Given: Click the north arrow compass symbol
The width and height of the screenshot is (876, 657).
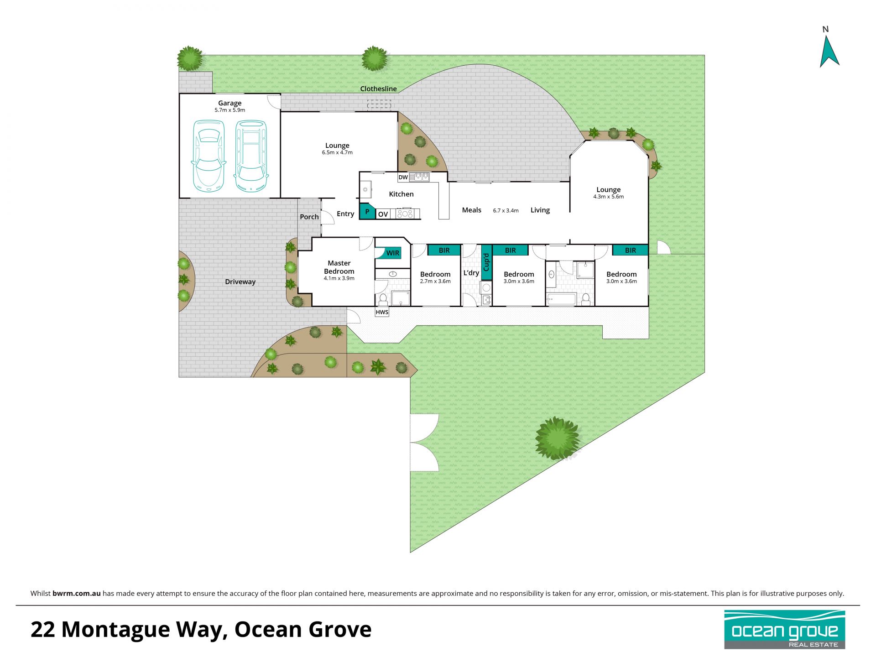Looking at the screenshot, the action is [829, 50].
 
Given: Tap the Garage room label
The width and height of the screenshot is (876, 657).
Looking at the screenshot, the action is [229, 103].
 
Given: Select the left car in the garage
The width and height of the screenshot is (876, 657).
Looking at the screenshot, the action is [209, 156].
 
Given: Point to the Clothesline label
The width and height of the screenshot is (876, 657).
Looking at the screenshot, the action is [378, 89].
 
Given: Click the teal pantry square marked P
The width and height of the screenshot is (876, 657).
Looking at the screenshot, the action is [367, 212].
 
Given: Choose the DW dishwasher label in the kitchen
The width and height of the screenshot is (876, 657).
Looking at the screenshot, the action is [403, 177].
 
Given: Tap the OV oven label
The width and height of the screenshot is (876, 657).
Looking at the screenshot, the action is [383, 214].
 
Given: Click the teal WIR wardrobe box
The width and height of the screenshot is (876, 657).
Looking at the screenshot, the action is [388, 253].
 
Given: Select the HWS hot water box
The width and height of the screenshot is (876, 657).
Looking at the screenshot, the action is [382, 312].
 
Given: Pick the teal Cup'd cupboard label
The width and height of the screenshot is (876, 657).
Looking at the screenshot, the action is [486, 262].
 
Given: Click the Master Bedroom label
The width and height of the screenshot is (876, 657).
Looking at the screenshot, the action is [339, 267].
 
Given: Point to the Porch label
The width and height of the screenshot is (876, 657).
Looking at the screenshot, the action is [309, 217].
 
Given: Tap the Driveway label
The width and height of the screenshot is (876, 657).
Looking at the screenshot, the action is [240, 282].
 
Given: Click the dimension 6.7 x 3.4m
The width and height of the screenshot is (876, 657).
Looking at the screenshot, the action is [506, 210].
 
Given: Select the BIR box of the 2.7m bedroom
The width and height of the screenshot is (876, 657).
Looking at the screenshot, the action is [444, 250].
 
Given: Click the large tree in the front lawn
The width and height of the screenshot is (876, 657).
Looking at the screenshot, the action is [557, 438].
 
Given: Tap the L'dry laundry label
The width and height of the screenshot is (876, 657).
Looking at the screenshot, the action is [471, 273].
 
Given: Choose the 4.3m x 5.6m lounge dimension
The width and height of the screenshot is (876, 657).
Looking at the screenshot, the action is [608, 197].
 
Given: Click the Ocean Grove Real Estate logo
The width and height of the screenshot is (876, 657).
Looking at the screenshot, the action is [785, 630].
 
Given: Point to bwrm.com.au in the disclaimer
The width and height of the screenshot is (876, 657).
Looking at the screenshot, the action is [77, 594].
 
